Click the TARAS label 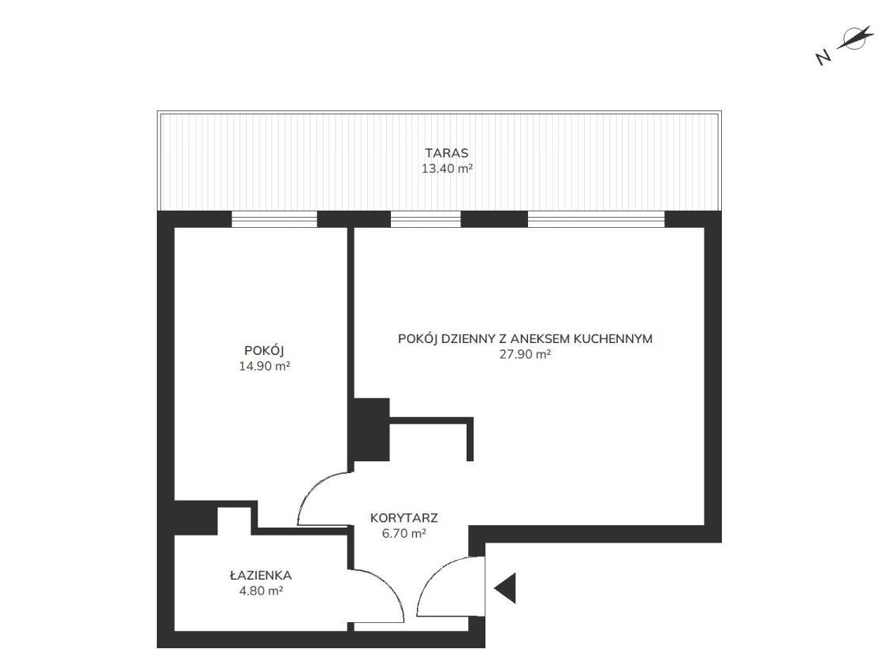pyautogui.click(x=447, y=153)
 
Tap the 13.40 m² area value pyautogui.click(x=447, y=168)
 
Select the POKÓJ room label pyautogui.click(x=264, y=351)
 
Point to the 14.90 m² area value pyautogui.click(x=264, y=366)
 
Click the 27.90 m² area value pyautogui.click(x=525, y=354)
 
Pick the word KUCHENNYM pyautogui.click(x=613, y=339)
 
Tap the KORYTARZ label pyautogui.click(x=404, y=518)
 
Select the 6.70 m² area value pyautogui.click(x=404, y=533)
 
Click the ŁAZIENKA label pyautogui.click(x=261, y=576)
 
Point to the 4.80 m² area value pyautogui.click(x=261, y=591)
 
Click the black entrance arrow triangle pyautogui.click(x=505, y=588)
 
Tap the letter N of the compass pyautogui.click(x=824, y=57)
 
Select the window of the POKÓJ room pyautogui.click(x=274, y=219)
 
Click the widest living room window pyautogui.click(x=596, y=219)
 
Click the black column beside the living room pyautogui.click(x=371, y=430)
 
